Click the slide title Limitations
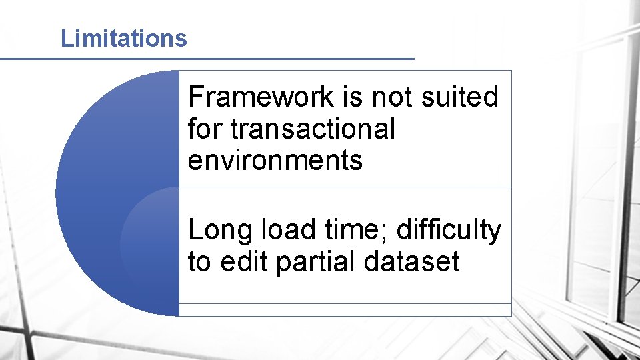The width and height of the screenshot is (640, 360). tap(123, 39)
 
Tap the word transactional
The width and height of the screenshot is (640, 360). tap(313, 129)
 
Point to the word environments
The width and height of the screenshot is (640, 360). tap(275, 161)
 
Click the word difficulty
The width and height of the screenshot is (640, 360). tap(448, 231)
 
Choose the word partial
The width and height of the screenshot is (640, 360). tap(316, 262)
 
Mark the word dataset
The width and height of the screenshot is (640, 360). tap(412, 262)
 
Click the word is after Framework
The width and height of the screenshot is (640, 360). tap(353, 97)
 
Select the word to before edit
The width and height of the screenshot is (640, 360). tap(199, 262)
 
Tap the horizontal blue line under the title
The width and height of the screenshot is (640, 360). tap(207, 59)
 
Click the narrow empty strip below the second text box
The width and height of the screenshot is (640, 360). tap(345, 310)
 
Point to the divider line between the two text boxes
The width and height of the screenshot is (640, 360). tap(345, 187)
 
